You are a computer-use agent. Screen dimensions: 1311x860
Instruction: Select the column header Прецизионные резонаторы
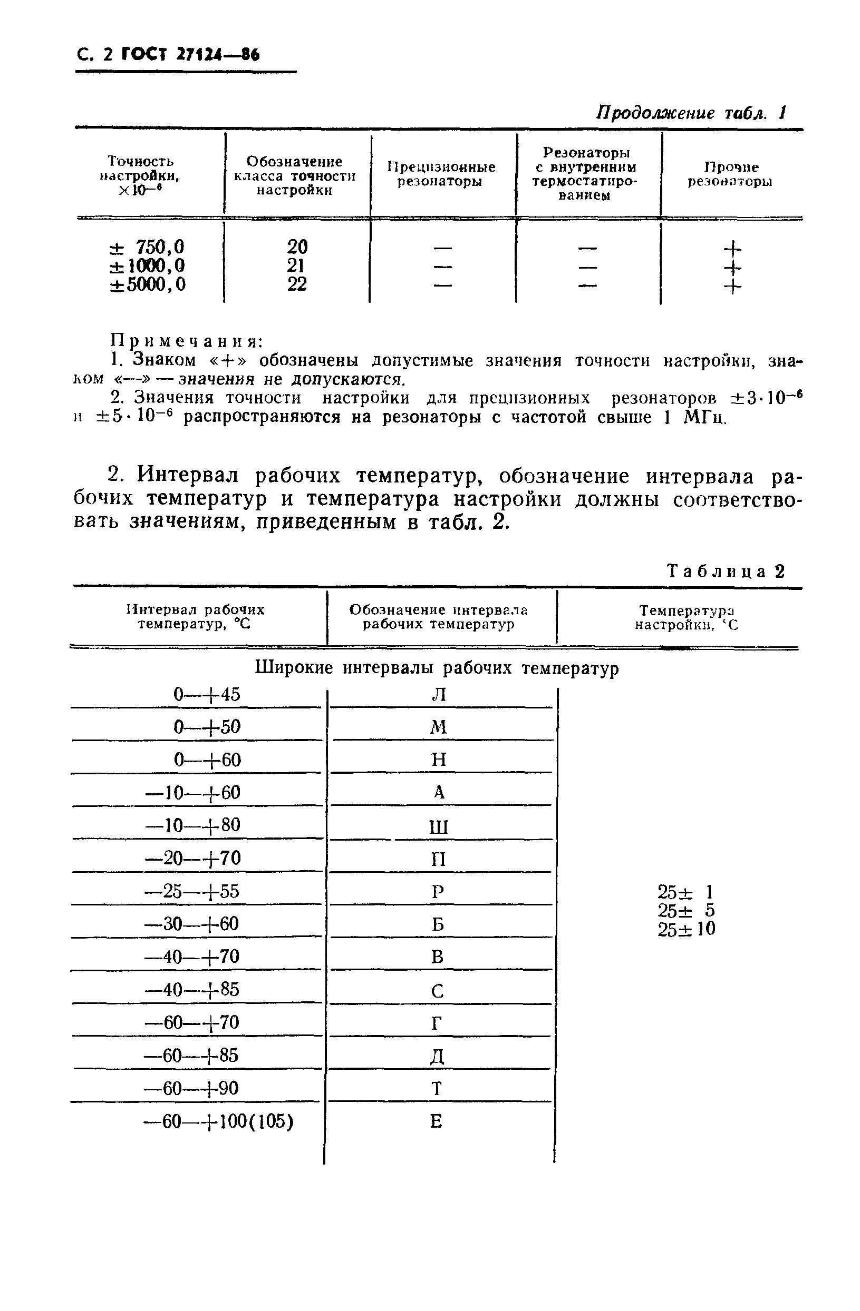coord(441,174)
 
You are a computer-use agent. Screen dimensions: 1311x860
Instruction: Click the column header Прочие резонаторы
coord(730,174)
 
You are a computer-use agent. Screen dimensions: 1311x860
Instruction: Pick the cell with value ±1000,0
coord(148,266)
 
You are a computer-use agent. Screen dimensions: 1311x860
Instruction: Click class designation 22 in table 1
coord(296,284)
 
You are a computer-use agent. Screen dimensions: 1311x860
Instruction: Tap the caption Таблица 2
coord(726,571)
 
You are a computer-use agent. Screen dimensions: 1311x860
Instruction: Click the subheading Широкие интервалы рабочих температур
coord(437,668)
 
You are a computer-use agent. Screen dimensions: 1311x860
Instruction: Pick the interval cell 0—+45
coord(207,695)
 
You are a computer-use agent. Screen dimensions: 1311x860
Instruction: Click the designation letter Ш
coord(438,827)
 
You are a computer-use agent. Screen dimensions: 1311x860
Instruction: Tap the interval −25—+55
coord(192,891)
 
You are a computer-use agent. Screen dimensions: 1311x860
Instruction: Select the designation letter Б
coord(437,924)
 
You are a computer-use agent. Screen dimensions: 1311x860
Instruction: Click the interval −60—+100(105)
coord(218,1121)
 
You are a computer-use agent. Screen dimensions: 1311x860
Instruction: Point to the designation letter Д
coord(437,1057)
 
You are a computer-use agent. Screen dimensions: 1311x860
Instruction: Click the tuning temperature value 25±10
coord(686,930)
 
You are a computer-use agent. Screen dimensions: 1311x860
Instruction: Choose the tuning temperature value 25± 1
coord(686,892)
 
